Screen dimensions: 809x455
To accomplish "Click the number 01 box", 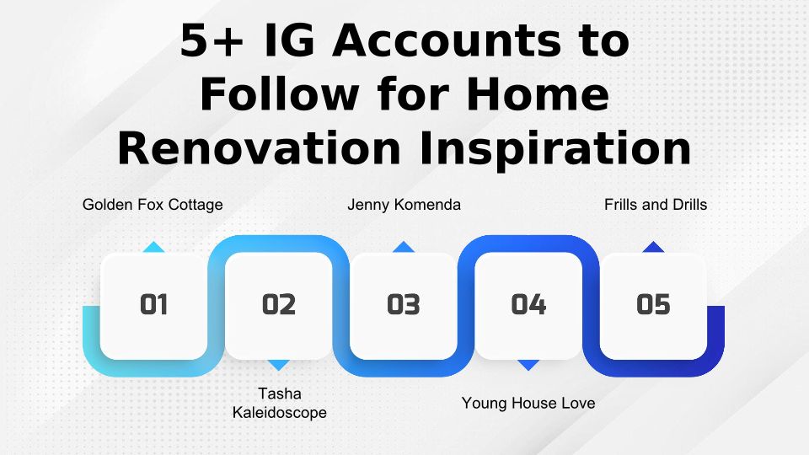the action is click(153, 306).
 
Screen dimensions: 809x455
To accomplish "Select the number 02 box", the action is click(279, 306).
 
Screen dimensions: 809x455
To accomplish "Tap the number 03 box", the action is click(404, 306).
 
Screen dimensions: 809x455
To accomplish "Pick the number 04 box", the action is click(528, 306).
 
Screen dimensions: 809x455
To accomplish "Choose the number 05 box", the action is click(653, 306).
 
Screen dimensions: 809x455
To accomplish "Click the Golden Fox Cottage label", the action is click(153, 205).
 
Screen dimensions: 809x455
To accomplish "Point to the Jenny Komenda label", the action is click(404, 205).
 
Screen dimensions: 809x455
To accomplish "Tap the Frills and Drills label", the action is click(656, 205).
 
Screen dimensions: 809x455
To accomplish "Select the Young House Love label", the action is click(528, 403).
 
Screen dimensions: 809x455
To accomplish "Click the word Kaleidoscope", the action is click(279, 413).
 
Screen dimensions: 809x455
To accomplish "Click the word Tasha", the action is click(280, 393).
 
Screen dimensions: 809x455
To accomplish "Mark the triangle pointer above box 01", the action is click(153, 247).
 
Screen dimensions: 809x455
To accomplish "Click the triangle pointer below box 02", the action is click(279, 365).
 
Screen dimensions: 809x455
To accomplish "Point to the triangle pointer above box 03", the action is click(404, 247).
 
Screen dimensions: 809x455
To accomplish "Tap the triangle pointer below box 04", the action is click(528, 365).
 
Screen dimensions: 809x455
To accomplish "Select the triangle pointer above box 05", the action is click(653, 247).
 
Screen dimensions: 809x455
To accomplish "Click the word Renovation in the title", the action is click(259, 149).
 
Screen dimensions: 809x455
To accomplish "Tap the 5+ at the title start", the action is click(212, 40).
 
